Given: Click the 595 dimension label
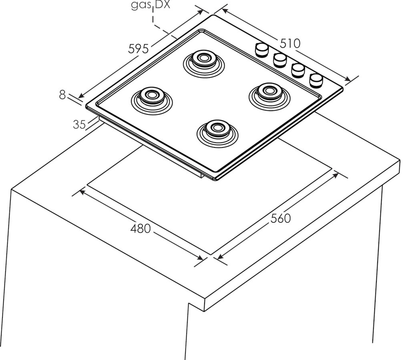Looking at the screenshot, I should tap(138, 48).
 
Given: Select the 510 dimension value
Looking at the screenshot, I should tap(290, 43).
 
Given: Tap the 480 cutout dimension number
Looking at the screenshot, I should tap(141, 229).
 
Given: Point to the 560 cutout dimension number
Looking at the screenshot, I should tap(280, 218).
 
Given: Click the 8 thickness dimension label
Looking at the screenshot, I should tap(62, 95).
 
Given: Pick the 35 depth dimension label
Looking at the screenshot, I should tap(79, 124).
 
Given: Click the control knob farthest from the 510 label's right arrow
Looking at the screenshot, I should tap(261, 49).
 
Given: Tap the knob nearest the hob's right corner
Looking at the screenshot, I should tap(316, 79).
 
